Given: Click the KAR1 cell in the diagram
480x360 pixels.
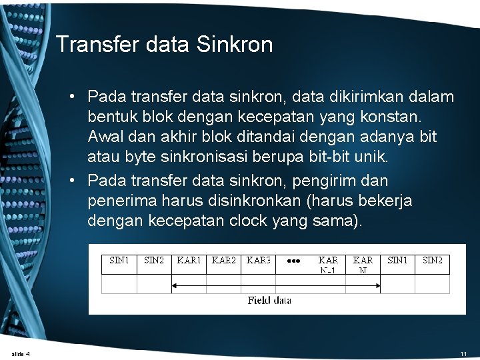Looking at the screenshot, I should [189, 261].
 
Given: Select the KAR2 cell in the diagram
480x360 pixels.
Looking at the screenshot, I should [223, 261].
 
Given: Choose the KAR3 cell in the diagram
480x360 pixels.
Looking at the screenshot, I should [258, 261].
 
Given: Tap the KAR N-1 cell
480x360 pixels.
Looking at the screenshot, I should [328, 265].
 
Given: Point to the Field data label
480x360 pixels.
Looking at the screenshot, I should [269, 301].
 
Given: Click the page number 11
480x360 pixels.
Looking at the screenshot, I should [463, 353].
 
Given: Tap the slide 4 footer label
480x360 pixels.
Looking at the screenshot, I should [21, 353].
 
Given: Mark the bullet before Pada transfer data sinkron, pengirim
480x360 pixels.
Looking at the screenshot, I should [79, 181].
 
